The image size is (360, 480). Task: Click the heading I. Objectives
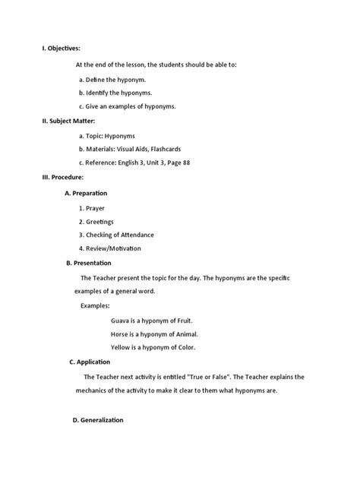click(60, 48)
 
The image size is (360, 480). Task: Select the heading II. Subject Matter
click(68, 121)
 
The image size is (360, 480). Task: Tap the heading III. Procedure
click(62, 177)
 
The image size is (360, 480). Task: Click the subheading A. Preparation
click(86, 193)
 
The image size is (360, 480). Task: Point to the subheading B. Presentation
click(90, 263)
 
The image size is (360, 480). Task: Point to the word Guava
click(121, 320)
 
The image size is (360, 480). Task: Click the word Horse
click(121, 333)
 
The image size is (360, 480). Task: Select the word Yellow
click(122, 347)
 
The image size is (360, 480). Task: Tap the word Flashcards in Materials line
click(165, 149)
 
